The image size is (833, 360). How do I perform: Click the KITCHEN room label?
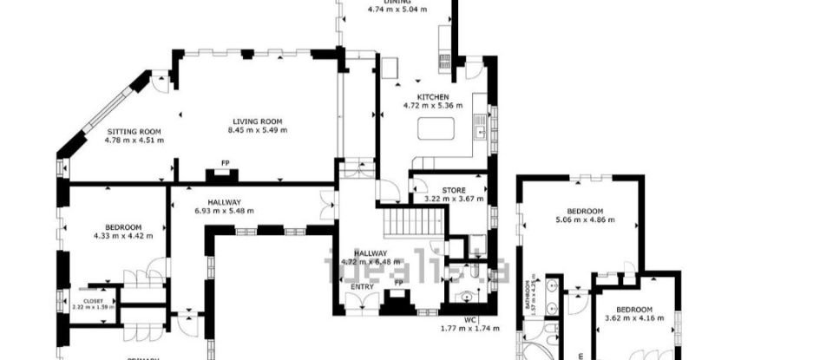(432, 96)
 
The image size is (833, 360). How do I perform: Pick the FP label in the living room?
(225, 162)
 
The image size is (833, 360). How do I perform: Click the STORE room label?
(453, 189)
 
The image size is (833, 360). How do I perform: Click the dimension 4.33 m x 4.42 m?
(123, 235)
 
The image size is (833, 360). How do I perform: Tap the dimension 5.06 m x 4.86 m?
(585, 219)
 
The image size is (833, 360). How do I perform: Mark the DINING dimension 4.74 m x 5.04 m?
(398, 10)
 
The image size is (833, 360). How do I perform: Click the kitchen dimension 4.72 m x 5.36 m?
(432, 105)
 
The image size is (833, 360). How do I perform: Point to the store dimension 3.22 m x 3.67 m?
(453, 199)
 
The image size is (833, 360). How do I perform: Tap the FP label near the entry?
(398, 283)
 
